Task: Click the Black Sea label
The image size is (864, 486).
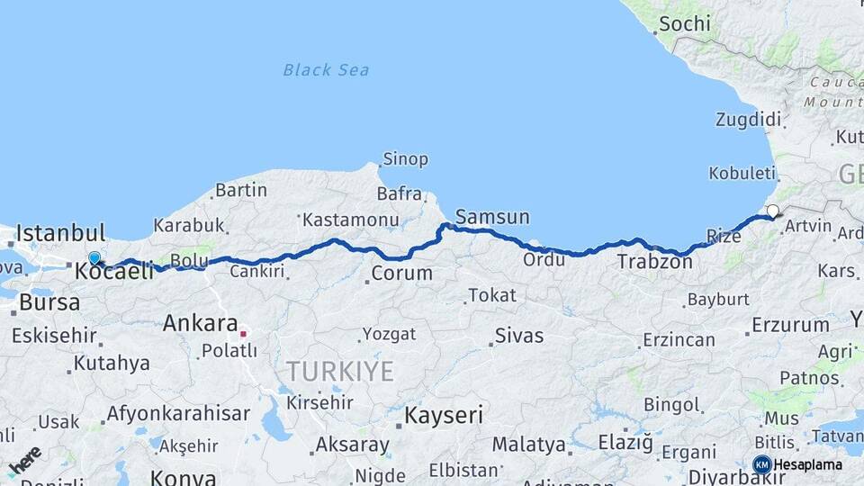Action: (326, 70)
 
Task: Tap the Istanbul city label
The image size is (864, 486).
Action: (60, 233)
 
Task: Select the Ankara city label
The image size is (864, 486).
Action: (200, 324)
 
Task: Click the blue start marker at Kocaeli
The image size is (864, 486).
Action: (94, 258)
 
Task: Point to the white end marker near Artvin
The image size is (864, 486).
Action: (772, 211)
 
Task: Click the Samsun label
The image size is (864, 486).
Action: (492, 217)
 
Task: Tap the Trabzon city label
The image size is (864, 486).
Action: (654, 263)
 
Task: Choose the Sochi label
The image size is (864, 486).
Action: (684, 24)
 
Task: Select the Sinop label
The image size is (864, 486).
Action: (405, 159)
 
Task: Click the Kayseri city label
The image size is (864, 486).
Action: (443, 416)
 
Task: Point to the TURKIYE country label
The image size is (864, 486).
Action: (339, 371)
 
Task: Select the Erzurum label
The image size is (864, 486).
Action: (790, 325)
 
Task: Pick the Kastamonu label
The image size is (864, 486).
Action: (350, 220)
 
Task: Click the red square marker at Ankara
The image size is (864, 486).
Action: (243, 333)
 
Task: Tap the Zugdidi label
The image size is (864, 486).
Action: (748, 120)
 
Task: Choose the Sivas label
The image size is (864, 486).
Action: (519, 336)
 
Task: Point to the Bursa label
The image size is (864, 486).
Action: (49, 302)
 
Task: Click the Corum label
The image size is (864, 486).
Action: (401, 273)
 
